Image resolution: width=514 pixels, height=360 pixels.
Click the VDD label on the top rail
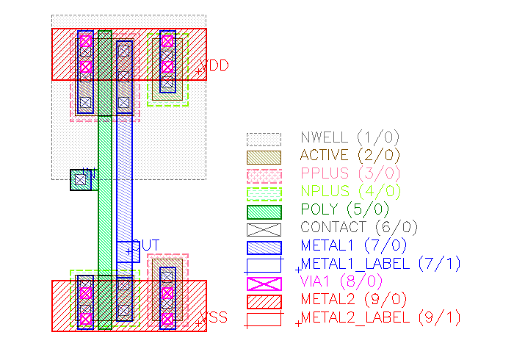(214, 66)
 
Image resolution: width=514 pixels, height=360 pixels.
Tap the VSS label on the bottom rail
(214, 318)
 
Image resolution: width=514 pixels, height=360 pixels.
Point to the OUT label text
(145, 245)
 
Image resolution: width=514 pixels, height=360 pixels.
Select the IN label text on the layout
(89, 173)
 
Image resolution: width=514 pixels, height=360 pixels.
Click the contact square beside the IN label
(79, 180)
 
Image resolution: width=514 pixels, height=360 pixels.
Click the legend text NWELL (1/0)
(350, 137)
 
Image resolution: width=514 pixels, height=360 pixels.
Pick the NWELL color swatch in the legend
(264, 138)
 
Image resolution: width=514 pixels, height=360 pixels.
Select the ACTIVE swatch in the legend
(264, 156)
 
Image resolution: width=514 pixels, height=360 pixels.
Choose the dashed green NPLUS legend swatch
(264, 193)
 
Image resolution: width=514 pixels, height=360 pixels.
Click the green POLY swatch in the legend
(264, 211)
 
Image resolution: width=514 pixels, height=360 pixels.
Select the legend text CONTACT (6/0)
(354, 228)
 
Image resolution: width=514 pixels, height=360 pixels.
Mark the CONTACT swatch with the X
(264, 229)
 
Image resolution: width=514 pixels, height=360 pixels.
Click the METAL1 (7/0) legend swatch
(264, 247)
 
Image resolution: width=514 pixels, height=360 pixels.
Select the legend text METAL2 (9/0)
(350, 300)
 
